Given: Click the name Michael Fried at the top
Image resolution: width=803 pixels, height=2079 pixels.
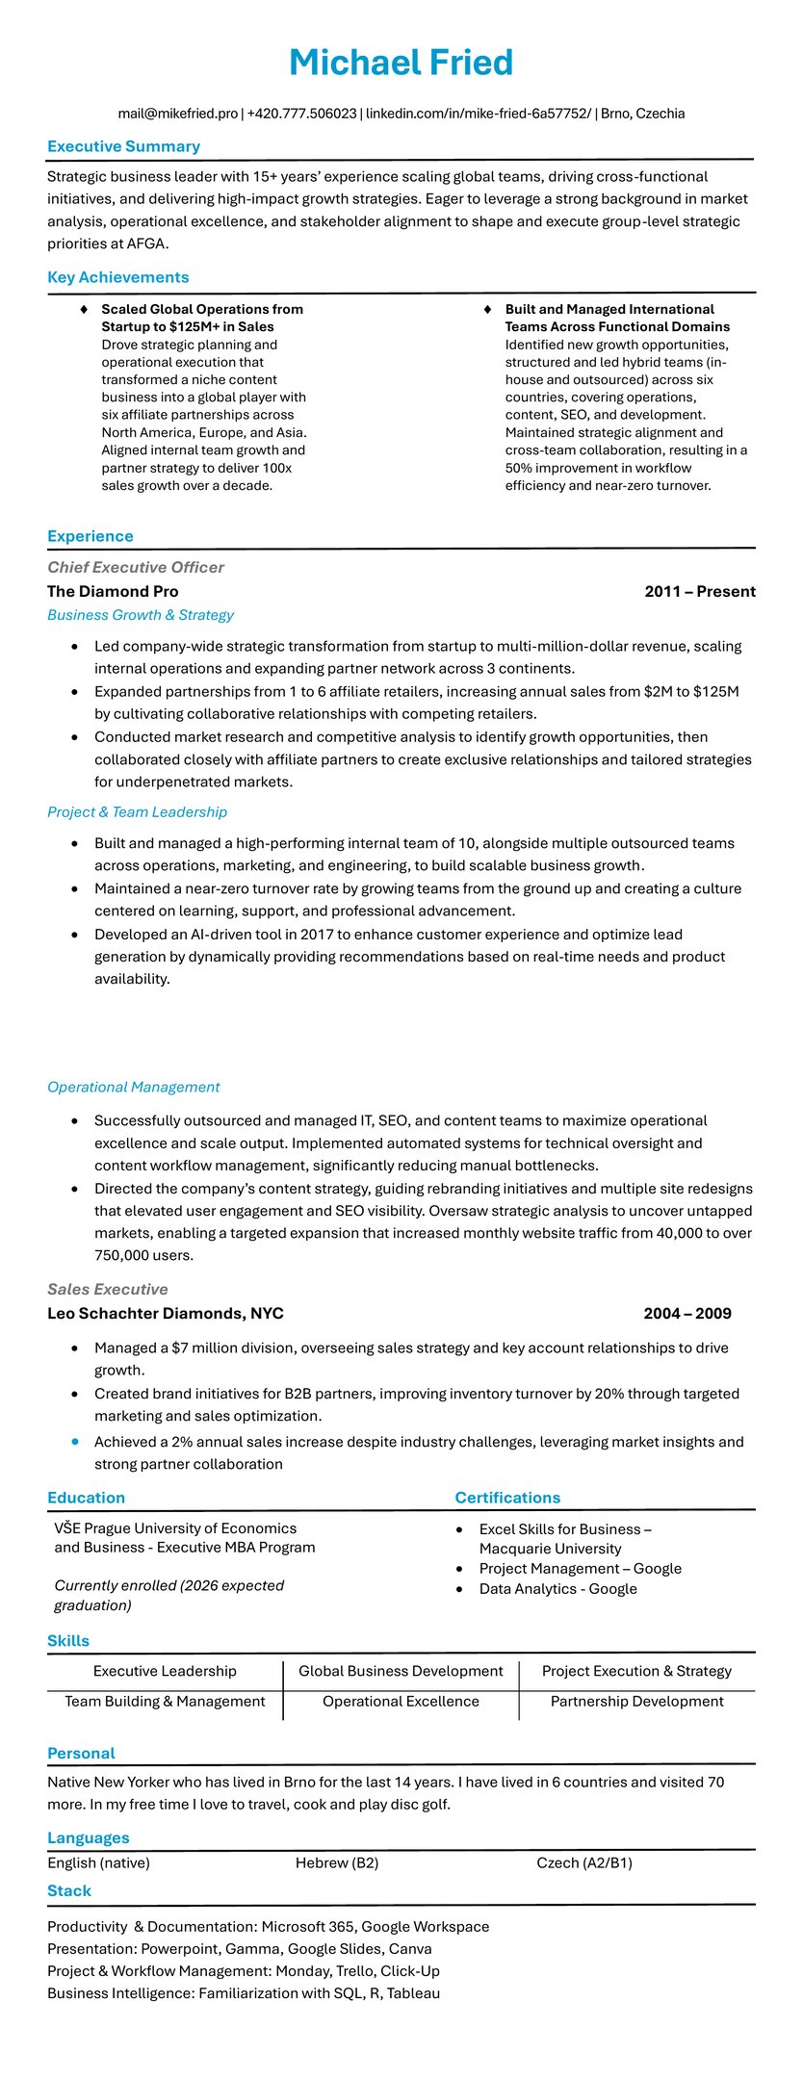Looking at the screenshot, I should pos(401,63).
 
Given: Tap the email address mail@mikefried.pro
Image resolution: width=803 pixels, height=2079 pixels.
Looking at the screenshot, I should pos(178,114).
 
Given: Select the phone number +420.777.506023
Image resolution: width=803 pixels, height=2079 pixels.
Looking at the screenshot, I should pos(301,114).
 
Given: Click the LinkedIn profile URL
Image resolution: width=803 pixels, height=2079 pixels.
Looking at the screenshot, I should pos(479,114).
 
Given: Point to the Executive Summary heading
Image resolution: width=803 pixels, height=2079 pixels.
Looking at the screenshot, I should pos(123,146).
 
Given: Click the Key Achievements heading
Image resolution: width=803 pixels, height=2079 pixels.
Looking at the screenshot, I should pos(117,277).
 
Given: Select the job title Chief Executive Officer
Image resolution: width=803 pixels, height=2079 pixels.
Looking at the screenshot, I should pos(136,567).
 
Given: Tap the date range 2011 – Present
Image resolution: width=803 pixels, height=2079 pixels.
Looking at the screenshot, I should pos(699,591).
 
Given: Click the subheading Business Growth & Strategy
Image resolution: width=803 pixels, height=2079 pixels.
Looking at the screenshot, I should pos(141,615).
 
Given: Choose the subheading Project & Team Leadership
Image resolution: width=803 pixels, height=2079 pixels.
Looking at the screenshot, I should pos(137,811).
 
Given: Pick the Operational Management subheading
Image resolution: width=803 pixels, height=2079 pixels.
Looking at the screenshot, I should pos(133,1087).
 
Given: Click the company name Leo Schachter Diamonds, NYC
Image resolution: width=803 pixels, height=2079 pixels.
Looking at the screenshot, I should pos(165,1313).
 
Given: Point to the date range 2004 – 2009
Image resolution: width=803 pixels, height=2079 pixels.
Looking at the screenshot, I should pos(686,1313).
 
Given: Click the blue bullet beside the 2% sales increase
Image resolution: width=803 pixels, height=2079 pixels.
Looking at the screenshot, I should pos(75,1441).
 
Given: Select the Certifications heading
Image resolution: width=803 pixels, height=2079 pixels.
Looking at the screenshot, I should pos(507,1497).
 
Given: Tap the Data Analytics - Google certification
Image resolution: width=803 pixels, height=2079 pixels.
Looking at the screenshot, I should pos(557,1588).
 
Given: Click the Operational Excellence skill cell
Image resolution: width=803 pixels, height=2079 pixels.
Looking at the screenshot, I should pos(401,1701).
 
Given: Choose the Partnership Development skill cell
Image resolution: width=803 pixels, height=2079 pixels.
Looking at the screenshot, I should pos(636,1701).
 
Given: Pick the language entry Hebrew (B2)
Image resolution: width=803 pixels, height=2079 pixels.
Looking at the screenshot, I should pos(337,1862).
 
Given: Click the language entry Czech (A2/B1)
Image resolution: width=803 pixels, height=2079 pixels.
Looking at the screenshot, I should pos(584,1862).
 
